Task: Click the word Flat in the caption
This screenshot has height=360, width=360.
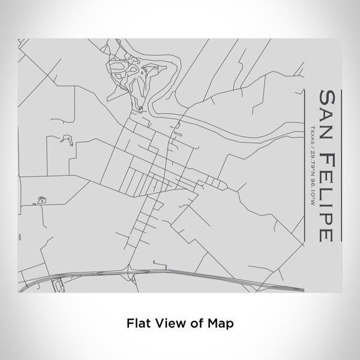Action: pyautogui.click(x=137, y=322)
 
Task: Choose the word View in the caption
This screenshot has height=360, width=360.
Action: pyautogui.click(x=167, y=322)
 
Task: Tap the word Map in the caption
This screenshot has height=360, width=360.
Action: pyautogui.click(x=221, y=322)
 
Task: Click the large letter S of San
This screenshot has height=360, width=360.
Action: pyautogui.click(x=327, y=98)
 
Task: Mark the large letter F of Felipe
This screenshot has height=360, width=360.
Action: pyautogui.click(x=327, y=158)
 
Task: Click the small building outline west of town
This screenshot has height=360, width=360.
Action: pyautogui.click(x=42, y=199)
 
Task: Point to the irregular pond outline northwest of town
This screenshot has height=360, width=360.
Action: pyautogui.click(x=67, y=142)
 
